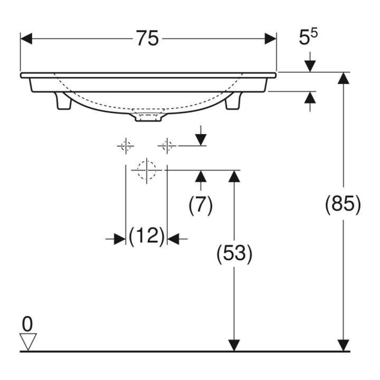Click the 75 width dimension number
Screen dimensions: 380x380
click(147, 38)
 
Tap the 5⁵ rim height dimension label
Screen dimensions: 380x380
click(308, 37)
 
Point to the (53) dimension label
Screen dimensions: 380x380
click(234, 253)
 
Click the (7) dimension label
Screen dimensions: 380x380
click(201, 205)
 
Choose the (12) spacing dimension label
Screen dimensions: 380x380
click(147, 236)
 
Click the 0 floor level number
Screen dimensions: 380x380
click(27, 324)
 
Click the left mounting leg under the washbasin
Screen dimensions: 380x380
click(64, 101)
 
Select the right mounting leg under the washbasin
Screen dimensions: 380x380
click(233, 101)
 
